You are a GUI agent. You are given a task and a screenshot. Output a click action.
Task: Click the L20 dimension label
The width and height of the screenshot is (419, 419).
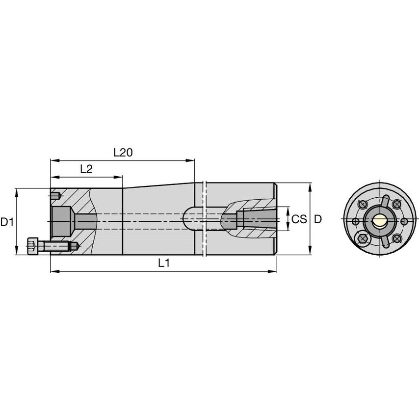click(x=123, y=153)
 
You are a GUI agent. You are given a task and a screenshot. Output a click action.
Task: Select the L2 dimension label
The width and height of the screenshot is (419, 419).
click(x=86, y=169)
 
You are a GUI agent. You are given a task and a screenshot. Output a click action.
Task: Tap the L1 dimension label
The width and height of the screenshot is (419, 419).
click(x=163, y=263)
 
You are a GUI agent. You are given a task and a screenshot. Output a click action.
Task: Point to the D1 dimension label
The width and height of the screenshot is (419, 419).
click(x=7, y=222)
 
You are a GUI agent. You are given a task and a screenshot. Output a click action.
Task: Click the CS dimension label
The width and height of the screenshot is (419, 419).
click(x=299, y=219)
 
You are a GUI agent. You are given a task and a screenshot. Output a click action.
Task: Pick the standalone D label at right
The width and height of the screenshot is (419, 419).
click(x=318, y=219)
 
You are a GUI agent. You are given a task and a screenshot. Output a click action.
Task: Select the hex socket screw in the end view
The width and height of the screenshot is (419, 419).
click(x=363, y=239)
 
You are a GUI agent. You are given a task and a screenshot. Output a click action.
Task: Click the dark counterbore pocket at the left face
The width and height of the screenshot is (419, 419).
click(x=62, y=221)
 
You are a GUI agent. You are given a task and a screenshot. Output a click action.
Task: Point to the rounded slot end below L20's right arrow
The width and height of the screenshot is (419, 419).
click(x=188, y=219)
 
